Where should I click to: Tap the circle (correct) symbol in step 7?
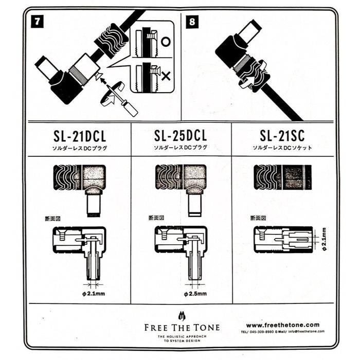166,42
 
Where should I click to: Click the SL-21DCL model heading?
79,137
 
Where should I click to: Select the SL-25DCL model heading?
181,136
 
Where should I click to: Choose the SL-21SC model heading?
282,136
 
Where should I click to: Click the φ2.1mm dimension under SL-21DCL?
93,294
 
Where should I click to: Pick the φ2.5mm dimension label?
195,294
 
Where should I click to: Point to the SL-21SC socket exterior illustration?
282,177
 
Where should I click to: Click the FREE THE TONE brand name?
181,328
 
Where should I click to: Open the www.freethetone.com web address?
282,325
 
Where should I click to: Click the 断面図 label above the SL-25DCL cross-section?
155,218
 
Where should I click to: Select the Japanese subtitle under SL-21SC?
282,148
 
